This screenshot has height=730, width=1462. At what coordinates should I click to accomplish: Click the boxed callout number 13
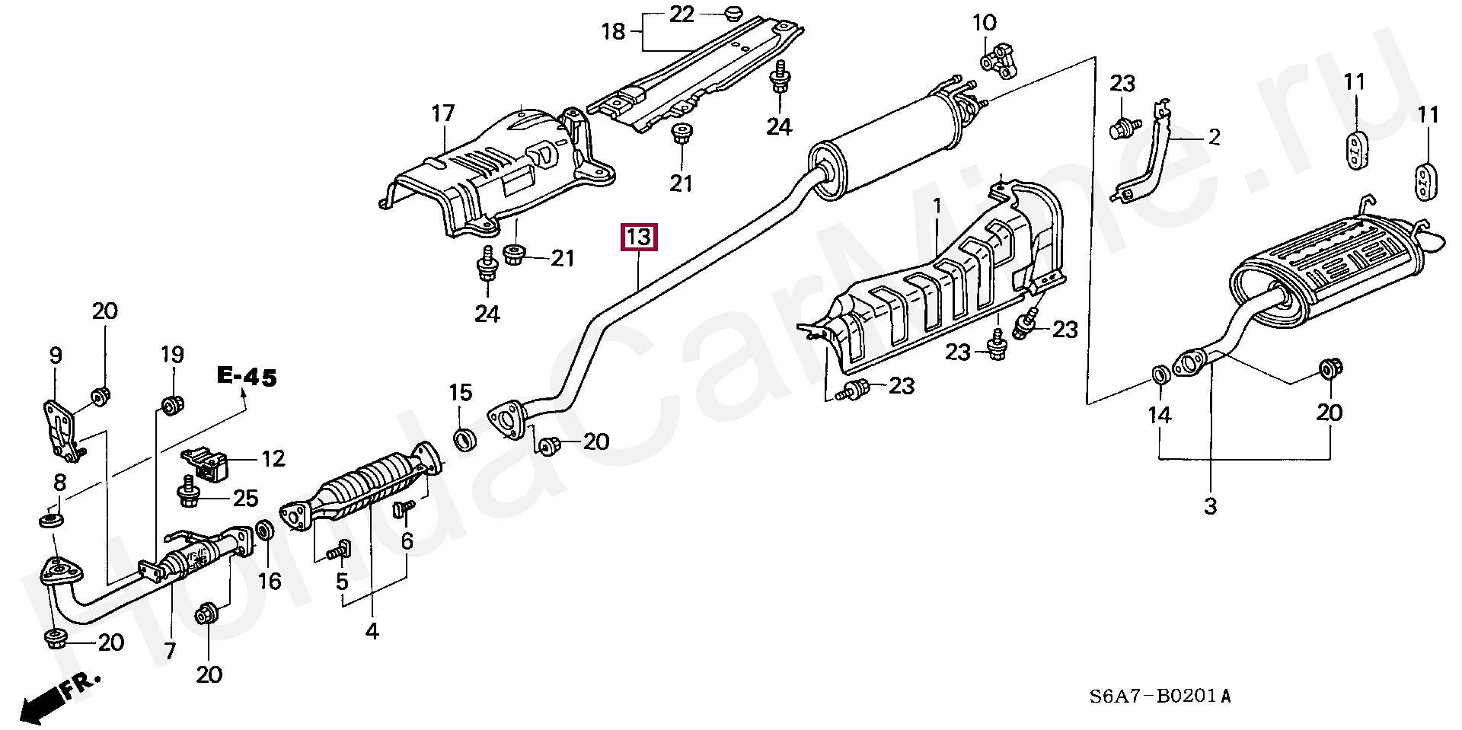point(638,237)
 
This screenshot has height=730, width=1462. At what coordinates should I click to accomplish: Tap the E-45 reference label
point(247,377)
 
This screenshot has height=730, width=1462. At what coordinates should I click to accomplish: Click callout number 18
point(613,31)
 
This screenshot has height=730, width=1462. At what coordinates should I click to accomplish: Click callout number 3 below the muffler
point(1211,505)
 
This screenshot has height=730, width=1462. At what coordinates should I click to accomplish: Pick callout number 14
point(1160,415)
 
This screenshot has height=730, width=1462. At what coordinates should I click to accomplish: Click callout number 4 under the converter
point(372,630)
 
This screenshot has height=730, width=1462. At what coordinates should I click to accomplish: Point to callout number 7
point(170,651)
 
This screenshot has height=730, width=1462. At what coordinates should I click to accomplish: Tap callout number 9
point(56,355)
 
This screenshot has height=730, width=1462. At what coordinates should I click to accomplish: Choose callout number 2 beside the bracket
point(1214,137)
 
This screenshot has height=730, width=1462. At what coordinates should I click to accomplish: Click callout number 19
point(172,355)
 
